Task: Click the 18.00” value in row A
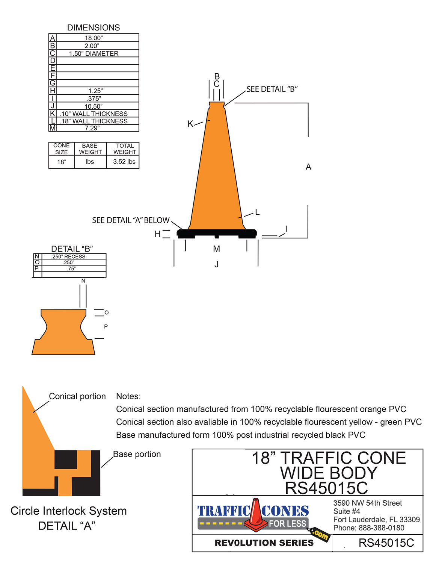[x=94, y=38]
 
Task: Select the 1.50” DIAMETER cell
[x=94, y=53]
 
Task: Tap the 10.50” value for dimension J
[x=93, y=106]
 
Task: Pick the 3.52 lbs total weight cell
[x=124, y=162]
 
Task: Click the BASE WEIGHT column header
[x=90, y=149]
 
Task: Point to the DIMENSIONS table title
[x=94, y=27]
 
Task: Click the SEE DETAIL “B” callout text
[x=272, y=89]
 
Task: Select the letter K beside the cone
[x=190, y=124]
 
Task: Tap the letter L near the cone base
[x=257, y=212]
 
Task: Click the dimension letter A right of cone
[x=308, y=167]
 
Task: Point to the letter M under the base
[x=216, y=249]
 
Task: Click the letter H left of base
[x=158, y=234]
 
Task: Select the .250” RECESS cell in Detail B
[x=68, y=256]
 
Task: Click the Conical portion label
[x=77, y=396]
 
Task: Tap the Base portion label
[x=137, y=454]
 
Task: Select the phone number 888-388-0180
[x=381, y=528]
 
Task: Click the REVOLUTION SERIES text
[x=264, y=543]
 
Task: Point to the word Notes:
[x=128, y=396]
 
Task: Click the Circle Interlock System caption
[x=68, y=511]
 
